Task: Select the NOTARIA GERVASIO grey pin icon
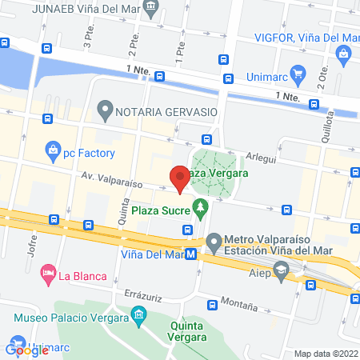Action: click(x=105, y=108)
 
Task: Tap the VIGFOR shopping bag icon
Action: click(x=345, y=54)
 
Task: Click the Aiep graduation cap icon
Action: click(x=281, y=273)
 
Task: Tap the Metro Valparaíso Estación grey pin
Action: click(x=214, y=240)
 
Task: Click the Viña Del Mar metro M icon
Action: click(x=191, y=254)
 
